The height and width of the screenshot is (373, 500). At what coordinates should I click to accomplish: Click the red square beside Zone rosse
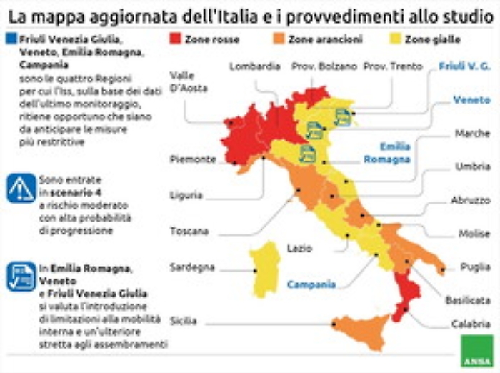175,40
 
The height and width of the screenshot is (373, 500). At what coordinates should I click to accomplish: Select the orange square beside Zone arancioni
281,40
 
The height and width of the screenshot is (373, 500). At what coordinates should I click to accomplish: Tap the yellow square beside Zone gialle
397,40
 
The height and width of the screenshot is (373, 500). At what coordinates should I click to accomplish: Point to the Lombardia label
254,66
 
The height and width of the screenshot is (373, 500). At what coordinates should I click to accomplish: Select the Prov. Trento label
390,66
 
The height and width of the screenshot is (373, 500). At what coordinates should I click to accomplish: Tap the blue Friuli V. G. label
464,66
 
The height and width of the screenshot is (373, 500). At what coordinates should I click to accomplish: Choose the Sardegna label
192,267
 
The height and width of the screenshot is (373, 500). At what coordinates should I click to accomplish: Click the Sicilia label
184,322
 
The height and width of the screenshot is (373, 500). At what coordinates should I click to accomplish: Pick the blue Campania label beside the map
311,284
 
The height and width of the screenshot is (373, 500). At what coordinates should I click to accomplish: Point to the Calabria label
471,324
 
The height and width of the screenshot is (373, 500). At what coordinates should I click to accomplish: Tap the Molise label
474,234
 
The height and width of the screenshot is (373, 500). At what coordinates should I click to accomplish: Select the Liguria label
186,194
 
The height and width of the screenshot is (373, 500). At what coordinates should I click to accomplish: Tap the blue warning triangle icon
21,188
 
